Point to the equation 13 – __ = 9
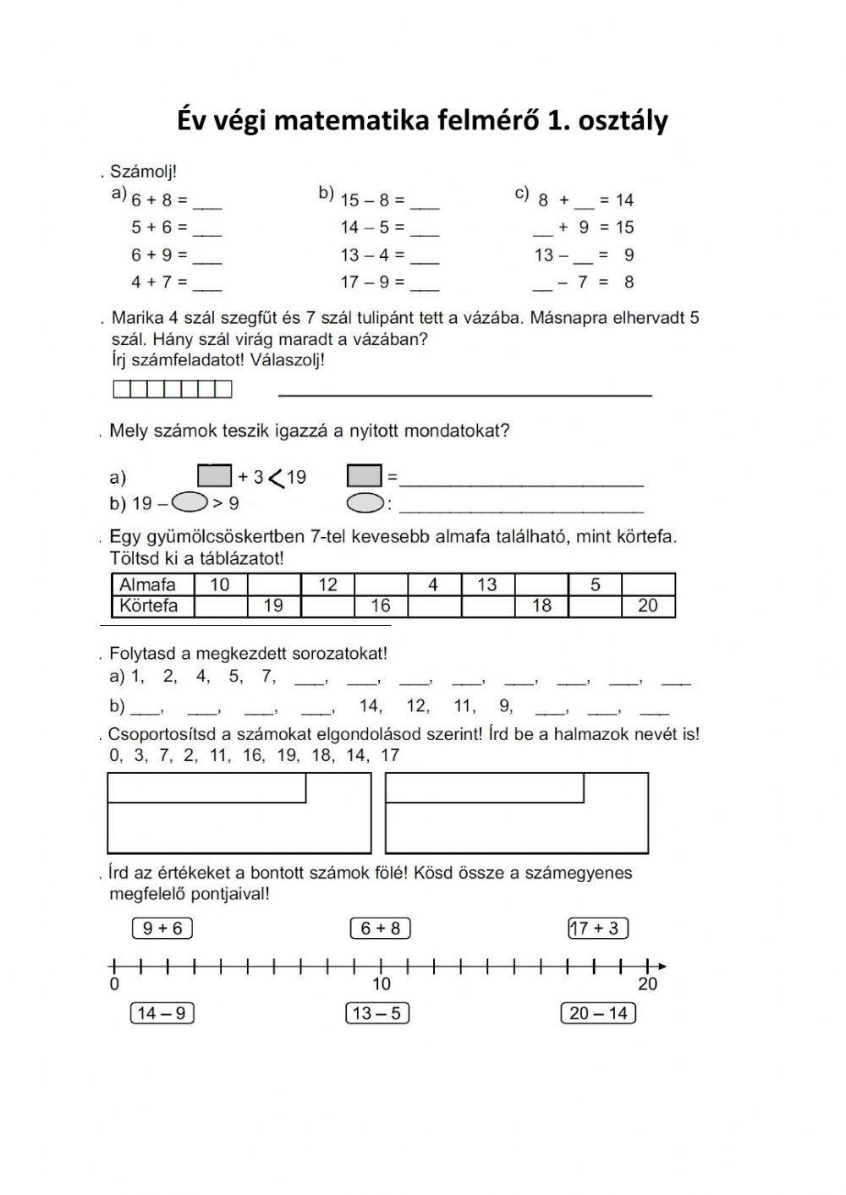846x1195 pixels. pos(584,255)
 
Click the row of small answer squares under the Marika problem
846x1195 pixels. pos(172,389)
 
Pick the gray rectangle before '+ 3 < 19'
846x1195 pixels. pos(214,476)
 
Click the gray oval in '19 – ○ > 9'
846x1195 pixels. pos(190,503)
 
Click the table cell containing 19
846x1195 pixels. pos(273,606)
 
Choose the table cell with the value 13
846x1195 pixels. pos(487,584)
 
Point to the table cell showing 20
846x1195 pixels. pos(647,606)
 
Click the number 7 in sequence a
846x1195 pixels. pos(267,676)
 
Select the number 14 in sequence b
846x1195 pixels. pos(370,705)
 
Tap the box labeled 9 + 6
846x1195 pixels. pos(162,929)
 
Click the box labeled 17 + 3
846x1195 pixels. pos(597,929)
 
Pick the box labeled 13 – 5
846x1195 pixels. pos(377,1013)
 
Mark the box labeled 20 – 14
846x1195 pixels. pos(598,1013)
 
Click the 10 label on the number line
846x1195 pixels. pos(382,984)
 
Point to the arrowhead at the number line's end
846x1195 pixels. pos(661,966)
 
